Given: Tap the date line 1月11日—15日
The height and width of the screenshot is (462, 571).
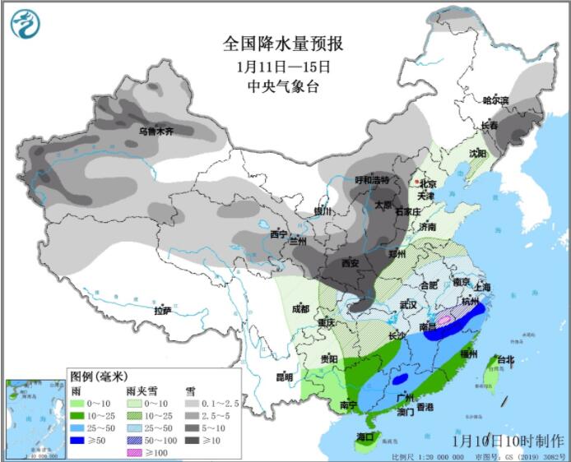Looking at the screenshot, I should (283, 66).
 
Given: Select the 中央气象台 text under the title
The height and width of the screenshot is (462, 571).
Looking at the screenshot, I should (283, 85).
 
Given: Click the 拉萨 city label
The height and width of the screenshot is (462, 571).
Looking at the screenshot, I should (163, 311).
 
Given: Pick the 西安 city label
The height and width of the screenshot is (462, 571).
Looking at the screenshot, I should (350, 263).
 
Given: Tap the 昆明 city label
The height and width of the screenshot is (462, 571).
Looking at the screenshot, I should (284, 377).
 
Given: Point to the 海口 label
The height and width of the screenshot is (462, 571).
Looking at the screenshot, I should (365, 436).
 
